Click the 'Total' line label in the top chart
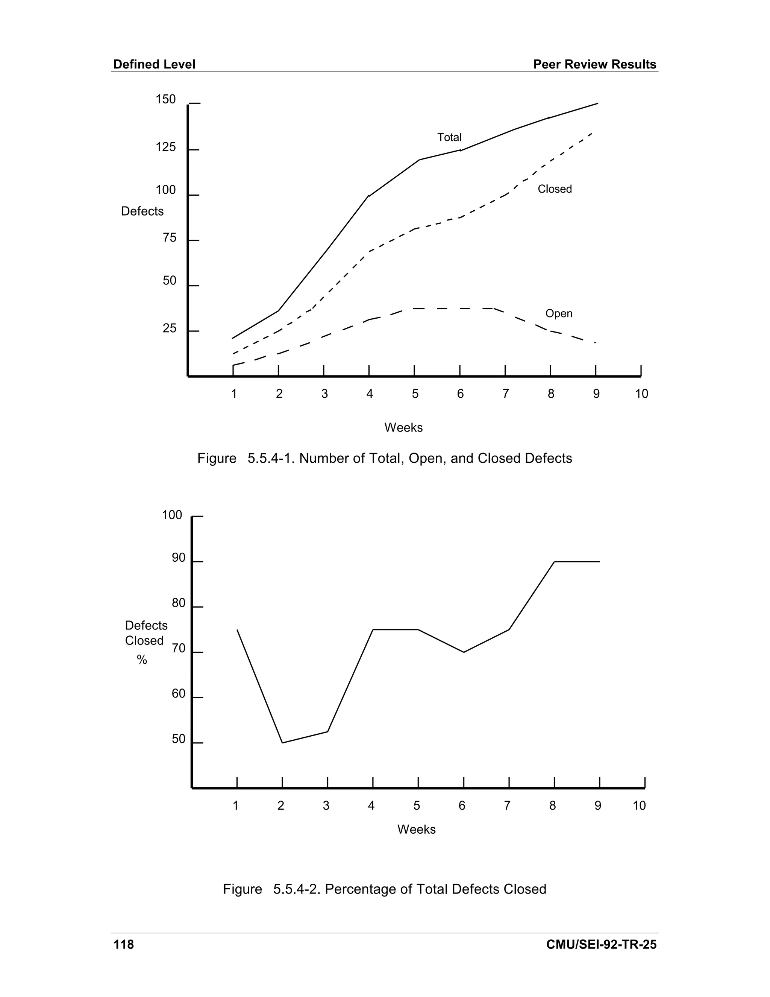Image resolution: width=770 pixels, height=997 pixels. (449, 137)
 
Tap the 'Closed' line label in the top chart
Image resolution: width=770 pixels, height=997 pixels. (554, 189)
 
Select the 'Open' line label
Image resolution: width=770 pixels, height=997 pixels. (559, 314)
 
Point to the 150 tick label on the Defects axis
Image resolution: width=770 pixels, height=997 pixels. (165, 100)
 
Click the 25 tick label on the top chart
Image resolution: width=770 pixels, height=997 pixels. (169, 329)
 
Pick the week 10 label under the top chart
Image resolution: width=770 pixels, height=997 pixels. (641, 394)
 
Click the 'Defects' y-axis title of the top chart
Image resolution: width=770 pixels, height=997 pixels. (142, 211)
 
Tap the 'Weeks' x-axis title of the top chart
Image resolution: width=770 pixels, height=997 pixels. (403, 428)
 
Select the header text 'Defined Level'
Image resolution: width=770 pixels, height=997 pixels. (154, 64)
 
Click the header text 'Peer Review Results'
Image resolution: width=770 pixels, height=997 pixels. (595, 64)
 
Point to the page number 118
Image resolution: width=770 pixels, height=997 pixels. (124, 944)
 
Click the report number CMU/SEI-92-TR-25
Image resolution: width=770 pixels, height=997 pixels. (601, 944)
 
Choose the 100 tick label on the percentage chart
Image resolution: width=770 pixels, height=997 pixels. (172, 515)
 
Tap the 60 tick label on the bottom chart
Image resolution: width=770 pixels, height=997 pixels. (178, 694)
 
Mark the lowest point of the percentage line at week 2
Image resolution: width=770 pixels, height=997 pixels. (282, 743)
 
